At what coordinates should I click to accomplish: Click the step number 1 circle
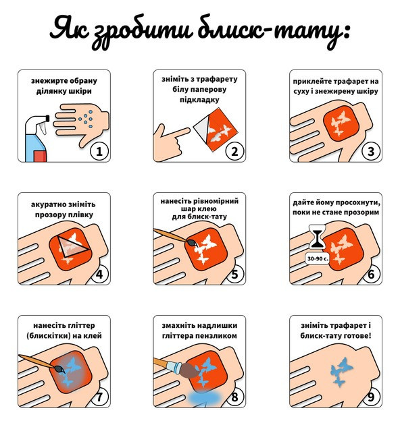pyautogui.click(x=99, y=151)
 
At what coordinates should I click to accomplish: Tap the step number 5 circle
pyautogui.click(x=234, y=275)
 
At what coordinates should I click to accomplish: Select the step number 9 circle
pyautogui.click(x=370, y=397)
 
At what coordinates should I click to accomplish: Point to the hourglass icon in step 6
pyautogui.click(x=314, y=239)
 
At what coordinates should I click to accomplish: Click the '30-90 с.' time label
pyautogui.click(x=316, y=258)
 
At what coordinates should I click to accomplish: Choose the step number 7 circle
pyautogui.click(x=99, y=397)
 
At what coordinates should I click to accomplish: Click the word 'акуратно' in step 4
pyautogui.click(x=53, y=204)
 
